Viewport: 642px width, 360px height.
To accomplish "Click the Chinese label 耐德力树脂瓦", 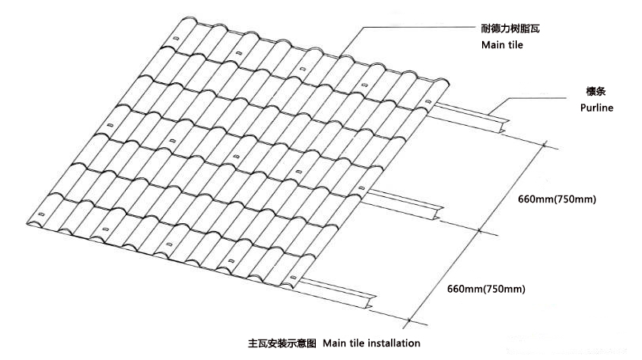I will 515,29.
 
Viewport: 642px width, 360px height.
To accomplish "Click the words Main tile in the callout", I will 502,45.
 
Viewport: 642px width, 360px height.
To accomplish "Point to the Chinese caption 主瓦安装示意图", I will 282,343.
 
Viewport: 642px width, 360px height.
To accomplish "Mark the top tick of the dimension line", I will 547,144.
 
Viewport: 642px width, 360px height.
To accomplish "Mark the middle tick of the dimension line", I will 481,231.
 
